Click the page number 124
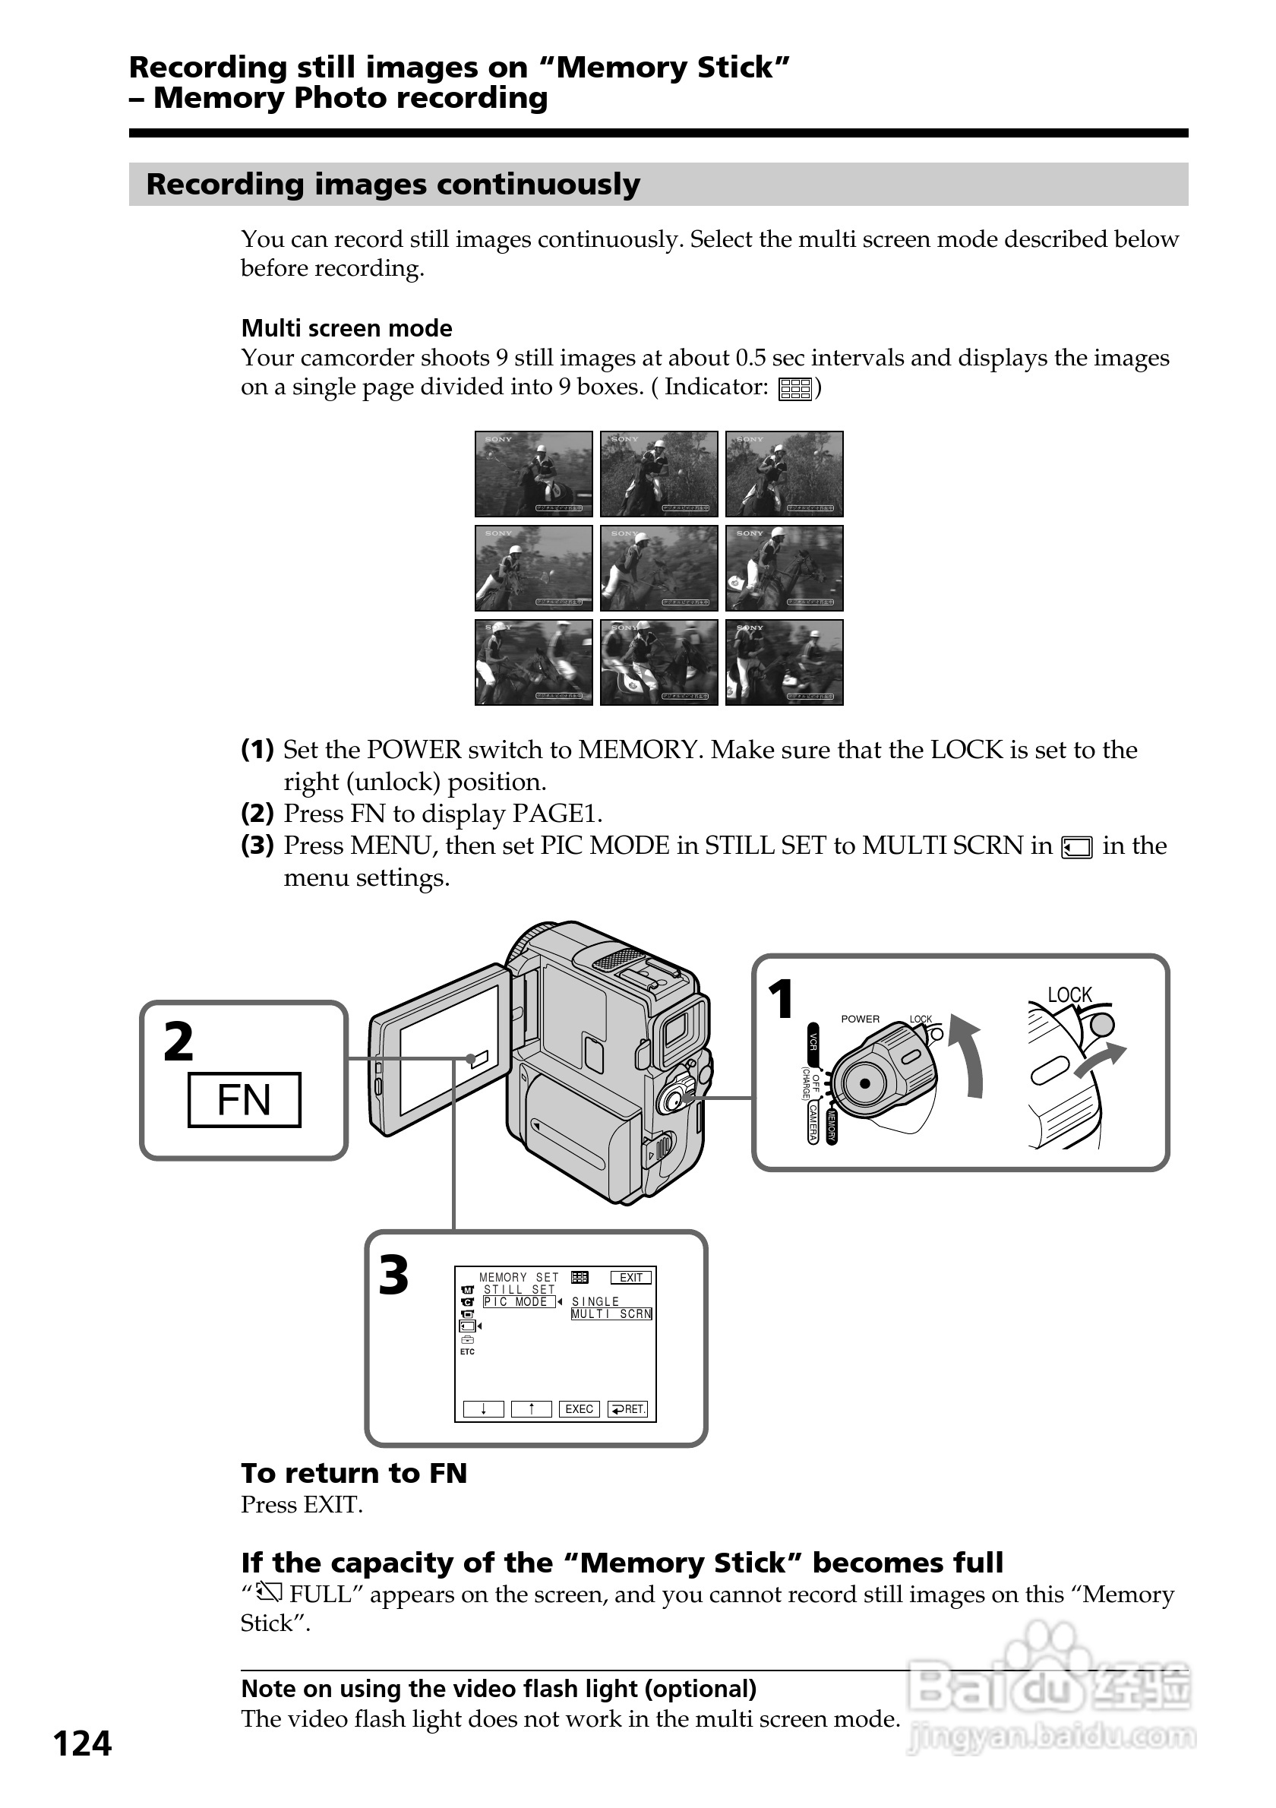[82, 1744]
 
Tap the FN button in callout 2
[244, 1100]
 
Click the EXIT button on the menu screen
[630, 1277]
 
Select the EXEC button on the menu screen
[579, 1408]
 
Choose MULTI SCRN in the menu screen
[611, 1313]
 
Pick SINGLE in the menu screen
[595, 1301]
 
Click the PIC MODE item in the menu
[519, 1301]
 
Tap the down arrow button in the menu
[483, 1408]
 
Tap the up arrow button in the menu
[532, 1408]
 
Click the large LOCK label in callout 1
[1069, 995]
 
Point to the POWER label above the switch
[861, 1019]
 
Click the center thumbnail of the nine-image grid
[659, 567]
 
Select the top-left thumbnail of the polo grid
[534, 474]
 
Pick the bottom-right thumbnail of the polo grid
[784, 662]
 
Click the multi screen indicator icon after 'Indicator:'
[794, 388]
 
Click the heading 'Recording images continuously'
[393, 185]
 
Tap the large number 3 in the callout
[393, 1275]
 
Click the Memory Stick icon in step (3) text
[1077, 847]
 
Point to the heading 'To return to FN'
[354, 1473]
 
